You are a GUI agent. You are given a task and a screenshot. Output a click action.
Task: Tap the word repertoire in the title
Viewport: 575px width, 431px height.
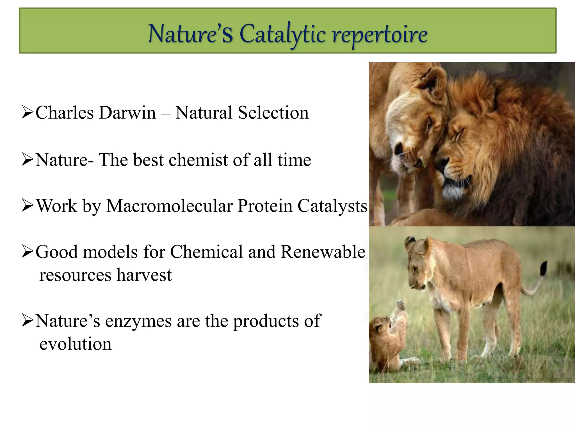pyautogui.click(x=380, y=35)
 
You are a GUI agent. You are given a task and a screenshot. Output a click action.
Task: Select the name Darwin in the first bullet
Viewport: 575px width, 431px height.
pyautogui.click(x=127, y=113)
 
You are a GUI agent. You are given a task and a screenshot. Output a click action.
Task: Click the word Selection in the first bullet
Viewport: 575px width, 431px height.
pyautogui.click(x=273, y=113)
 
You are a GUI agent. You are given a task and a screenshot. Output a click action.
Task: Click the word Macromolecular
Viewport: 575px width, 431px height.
pyautogui.click(x=170, y=206)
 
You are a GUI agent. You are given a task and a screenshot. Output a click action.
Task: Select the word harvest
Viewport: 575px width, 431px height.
pyautogui.click(x=144, y=275)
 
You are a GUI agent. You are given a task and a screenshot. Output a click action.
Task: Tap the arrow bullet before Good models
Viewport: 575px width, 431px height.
pyautogui.click(x=28, y=252)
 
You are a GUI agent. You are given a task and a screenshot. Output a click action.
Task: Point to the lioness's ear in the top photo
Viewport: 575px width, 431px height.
pyautogui.click(x=434, y=81)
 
